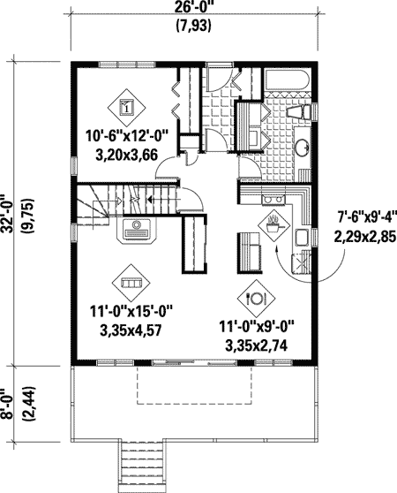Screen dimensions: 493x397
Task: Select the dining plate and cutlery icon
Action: tap(258, 298)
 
